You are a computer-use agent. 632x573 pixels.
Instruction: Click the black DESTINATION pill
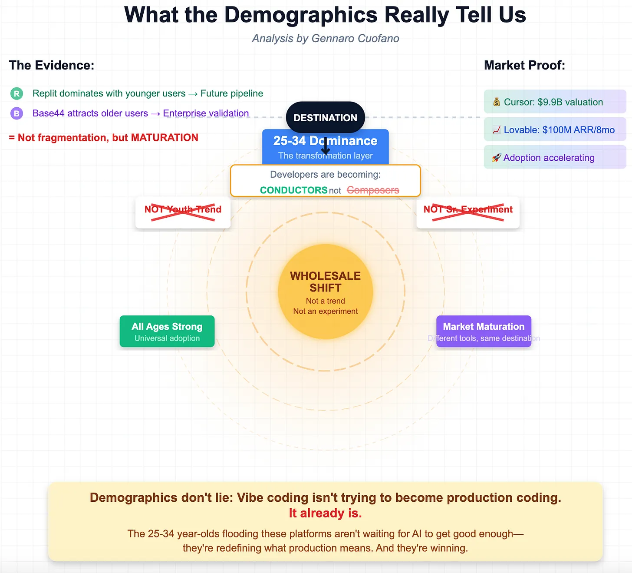click(x=325, y=117)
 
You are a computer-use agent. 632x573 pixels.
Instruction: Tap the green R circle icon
click(x=16, y=93)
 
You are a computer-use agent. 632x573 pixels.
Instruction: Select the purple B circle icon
click(x=16, y=113)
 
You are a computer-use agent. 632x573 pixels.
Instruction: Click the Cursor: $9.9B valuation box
click(x=554, y=102)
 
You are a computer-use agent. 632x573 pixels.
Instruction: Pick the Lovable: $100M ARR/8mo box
click(x=554, y=129)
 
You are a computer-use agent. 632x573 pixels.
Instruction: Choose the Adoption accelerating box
click(x=554, y=157)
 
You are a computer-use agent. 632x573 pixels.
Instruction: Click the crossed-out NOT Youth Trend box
click(x=183, y=212)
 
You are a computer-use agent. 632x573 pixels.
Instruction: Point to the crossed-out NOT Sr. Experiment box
click(x=468, y=212)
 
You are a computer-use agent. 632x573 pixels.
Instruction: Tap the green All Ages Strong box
click(x=167, y=331)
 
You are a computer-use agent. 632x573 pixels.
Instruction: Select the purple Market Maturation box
click(x=484, y=331)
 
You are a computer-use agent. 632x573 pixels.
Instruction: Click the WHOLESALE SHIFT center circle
click(x=325, y=291)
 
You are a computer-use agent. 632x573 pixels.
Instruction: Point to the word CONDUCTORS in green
click(x=293, y=190)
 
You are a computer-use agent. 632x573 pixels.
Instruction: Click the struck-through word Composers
click(x=373, y=190)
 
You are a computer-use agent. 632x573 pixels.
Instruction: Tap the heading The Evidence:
click(x=52, y=65)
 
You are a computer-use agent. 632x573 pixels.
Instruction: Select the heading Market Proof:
click(x=524, y=65)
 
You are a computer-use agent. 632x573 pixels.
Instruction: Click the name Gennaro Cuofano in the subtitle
click(x=355, y=39)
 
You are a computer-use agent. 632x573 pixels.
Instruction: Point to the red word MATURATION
click(x=165, y=138)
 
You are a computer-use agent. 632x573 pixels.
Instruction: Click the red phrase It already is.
click(x=325, y=513)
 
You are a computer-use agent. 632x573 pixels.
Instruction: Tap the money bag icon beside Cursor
click(x=497, y=102)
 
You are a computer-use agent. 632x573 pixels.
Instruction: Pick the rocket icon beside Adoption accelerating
click(x=496, y=158)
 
